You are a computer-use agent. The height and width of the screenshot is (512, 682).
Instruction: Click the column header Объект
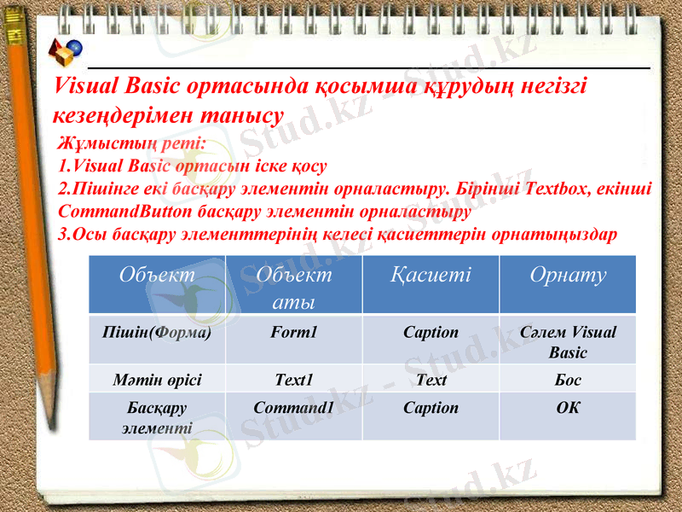pos(157,275)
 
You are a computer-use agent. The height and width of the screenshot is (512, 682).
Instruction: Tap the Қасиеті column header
pos(430,275)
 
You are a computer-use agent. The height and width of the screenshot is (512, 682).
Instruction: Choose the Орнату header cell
pos(568,275)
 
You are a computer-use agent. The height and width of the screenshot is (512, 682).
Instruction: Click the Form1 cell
pos(293,332)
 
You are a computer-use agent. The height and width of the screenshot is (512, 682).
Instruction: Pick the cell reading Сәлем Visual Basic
pos(568,341)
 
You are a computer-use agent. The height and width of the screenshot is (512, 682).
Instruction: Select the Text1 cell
pos(293,380)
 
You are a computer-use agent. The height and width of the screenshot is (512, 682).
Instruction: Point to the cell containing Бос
pos(568,380)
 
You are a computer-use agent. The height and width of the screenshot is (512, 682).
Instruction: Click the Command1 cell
pos(293,408)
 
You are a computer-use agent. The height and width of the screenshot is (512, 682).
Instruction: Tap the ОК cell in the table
pos(568,408)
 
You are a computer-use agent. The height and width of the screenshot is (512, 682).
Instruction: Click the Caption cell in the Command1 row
pos(430,408)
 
